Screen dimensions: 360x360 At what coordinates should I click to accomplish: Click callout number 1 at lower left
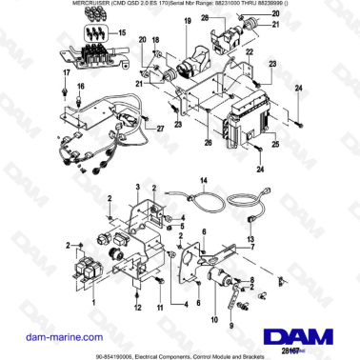point(93,301)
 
